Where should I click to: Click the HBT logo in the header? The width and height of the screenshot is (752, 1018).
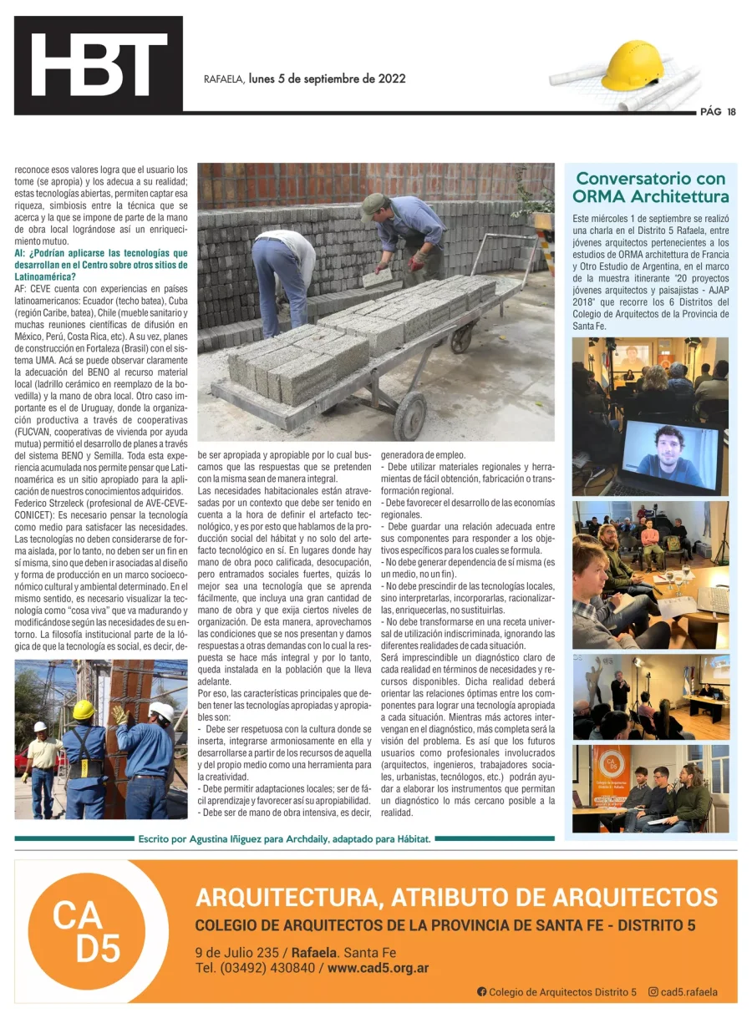[99, 65]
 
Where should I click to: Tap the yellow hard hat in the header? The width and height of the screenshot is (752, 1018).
[633, 67]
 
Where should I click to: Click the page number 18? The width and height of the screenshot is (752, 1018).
[731, 113]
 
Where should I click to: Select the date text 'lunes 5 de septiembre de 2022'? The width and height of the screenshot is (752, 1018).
[328, 79]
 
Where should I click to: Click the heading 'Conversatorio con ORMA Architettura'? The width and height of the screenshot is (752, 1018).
[650, 188]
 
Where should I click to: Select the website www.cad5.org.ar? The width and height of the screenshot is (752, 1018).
[379, 969]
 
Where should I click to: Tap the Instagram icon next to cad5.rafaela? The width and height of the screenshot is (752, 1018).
[653, 992]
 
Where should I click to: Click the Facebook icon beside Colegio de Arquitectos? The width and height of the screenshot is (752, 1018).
[481, 992]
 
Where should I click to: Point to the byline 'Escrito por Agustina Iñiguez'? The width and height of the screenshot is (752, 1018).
[284, 839]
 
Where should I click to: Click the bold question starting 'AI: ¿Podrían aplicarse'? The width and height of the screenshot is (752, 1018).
[100, 264]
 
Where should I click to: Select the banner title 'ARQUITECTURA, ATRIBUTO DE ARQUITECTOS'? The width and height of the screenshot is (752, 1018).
[455, 899]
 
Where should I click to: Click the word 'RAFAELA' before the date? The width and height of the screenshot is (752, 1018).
[224, 80]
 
